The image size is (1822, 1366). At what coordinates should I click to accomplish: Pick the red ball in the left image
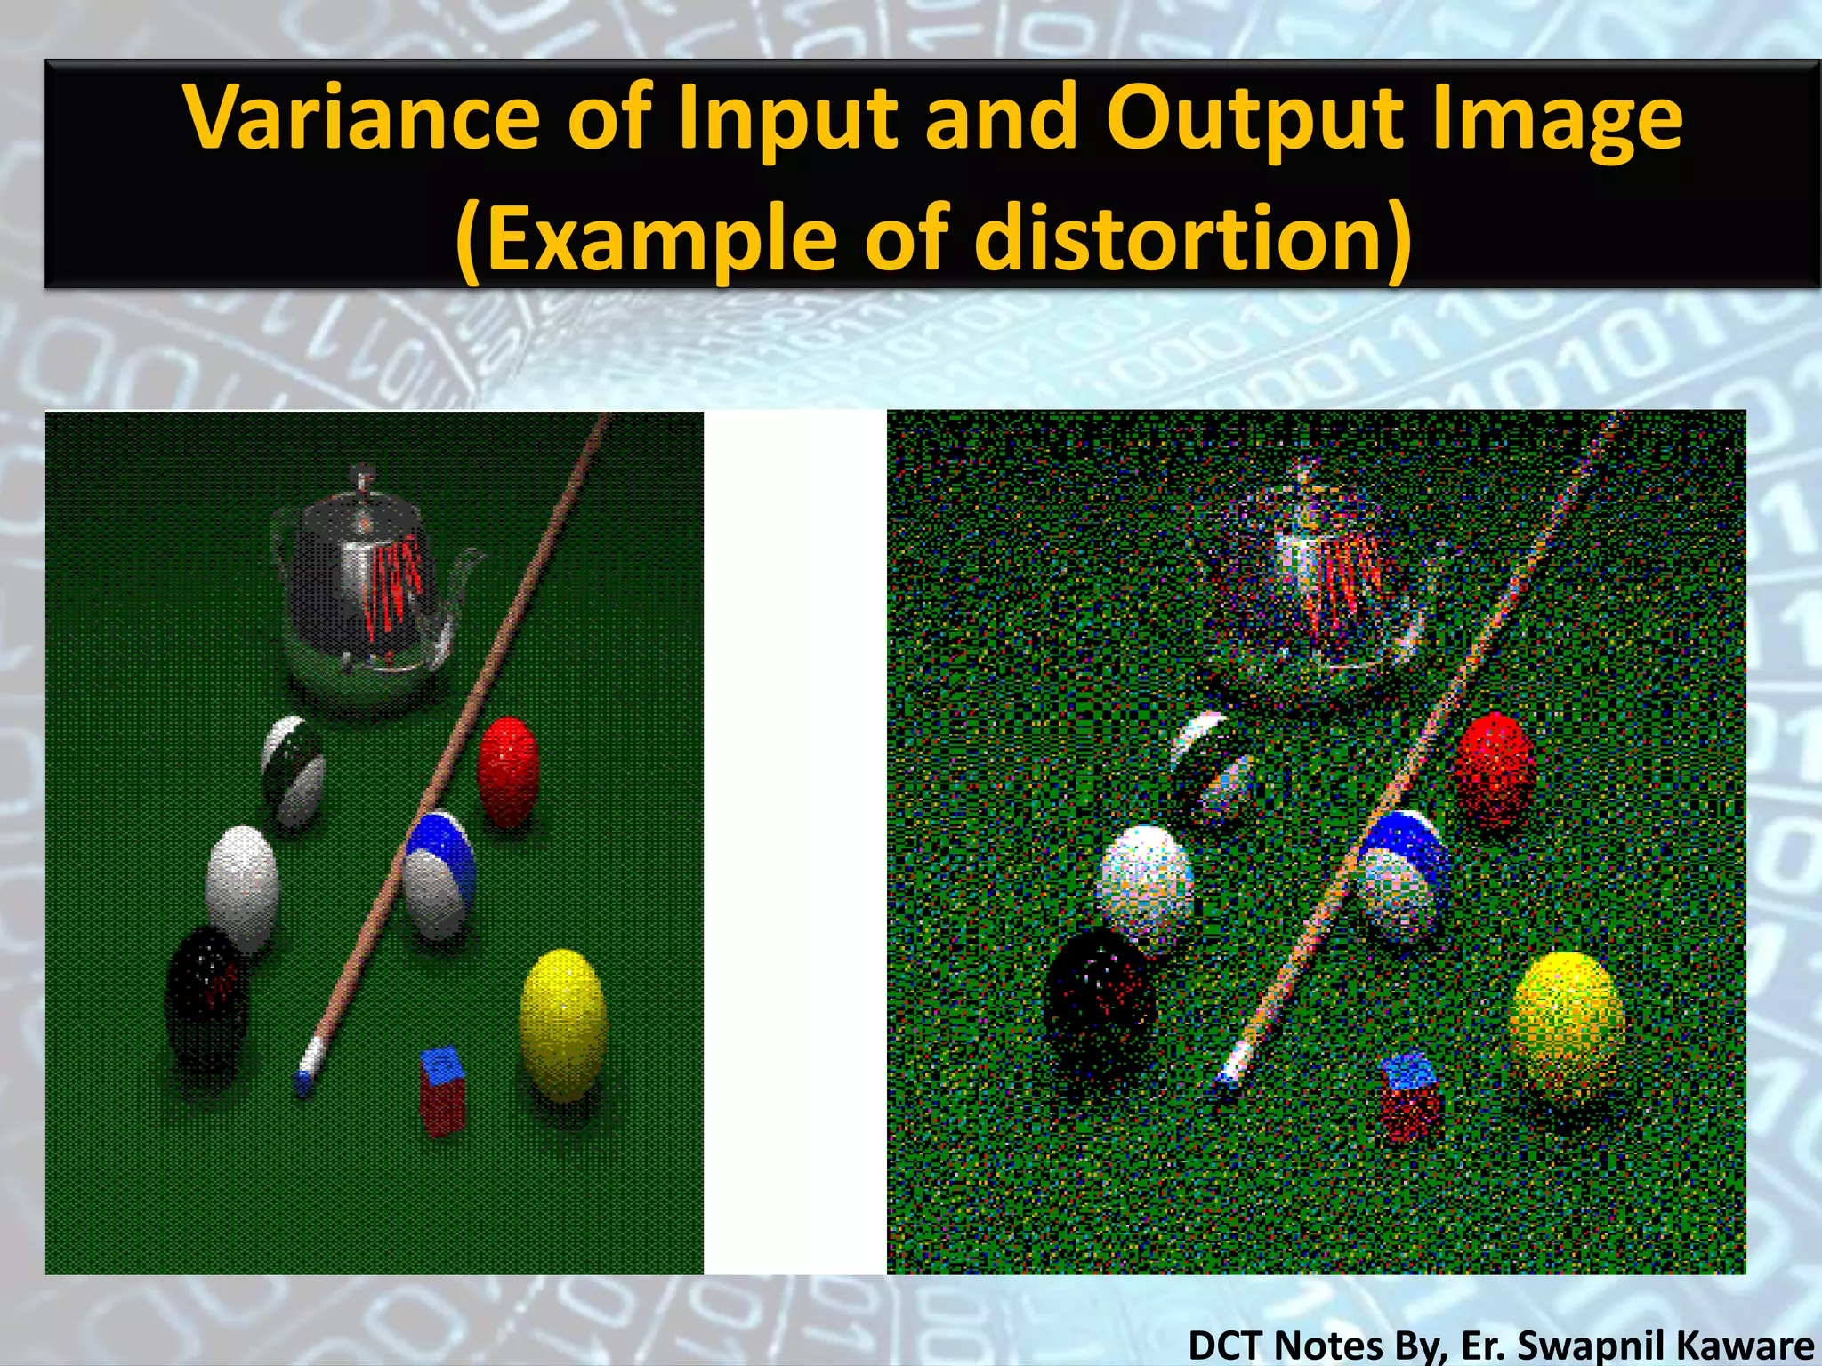[508, 771]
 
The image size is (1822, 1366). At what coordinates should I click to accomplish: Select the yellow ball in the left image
[562, 1023]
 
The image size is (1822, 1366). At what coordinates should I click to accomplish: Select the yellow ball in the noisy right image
[1568, 1023]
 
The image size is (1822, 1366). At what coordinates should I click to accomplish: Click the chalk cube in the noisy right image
[1411, 1096]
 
